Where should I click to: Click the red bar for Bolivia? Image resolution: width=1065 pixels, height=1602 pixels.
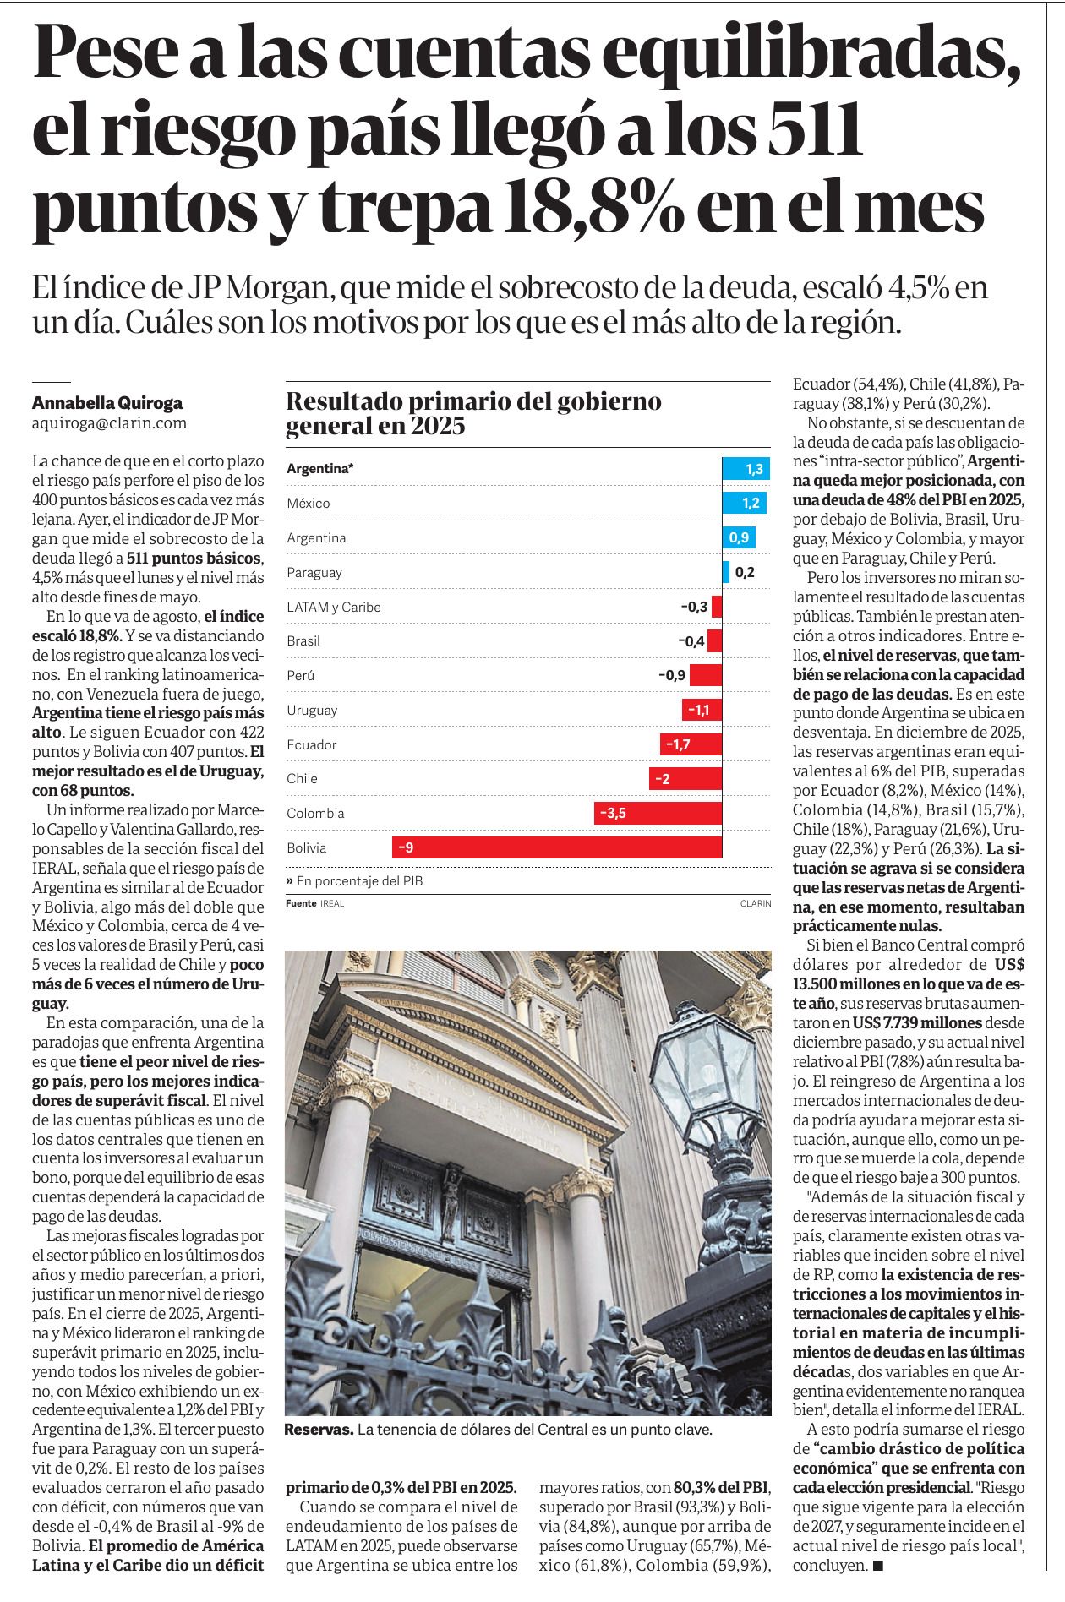point(557,847)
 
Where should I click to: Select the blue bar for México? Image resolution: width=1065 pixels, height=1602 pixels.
point(745,503)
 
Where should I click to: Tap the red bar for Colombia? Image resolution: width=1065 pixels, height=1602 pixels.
point(658,813)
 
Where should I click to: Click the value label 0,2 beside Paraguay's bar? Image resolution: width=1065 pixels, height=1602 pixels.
point(745,572)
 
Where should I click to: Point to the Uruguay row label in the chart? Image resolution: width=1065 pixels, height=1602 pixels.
point(312,710)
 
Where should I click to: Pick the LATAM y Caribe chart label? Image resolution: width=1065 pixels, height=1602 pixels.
point(334,607)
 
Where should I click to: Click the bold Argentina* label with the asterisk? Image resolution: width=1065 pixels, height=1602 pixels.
point(320,469)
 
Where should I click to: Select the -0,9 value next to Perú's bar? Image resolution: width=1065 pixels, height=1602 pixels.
point(672,675)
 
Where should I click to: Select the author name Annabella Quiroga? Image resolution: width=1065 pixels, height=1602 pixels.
point(107,403)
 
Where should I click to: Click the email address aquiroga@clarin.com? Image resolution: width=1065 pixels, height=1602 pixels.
point(110,423)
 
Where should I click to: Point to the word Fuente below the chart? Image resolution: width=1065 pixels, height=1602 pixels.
point(301,903)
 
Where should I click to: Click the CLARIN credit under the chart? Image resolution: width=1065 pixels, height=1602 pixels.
point(756,903)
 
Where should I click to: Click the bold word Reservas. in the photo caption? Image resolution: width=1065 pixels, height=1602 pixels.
point(319,1430)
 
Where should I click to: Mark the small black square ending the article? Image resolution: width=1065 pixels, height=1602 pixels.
point(878,1566)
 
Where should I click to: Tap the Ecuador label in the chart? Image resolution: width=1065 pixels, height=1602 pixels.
point(312,744)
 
